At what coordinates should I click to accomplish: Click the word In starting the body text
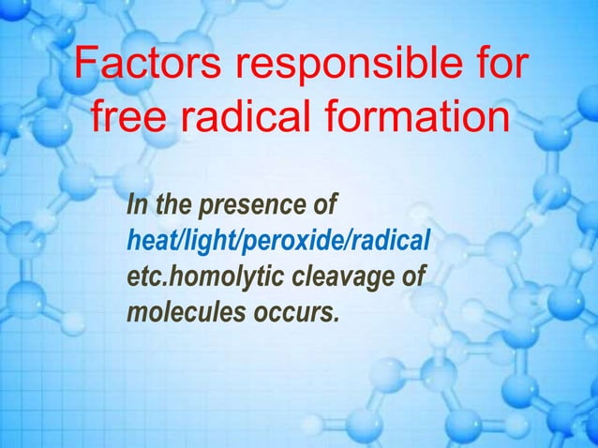[137, 203]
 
